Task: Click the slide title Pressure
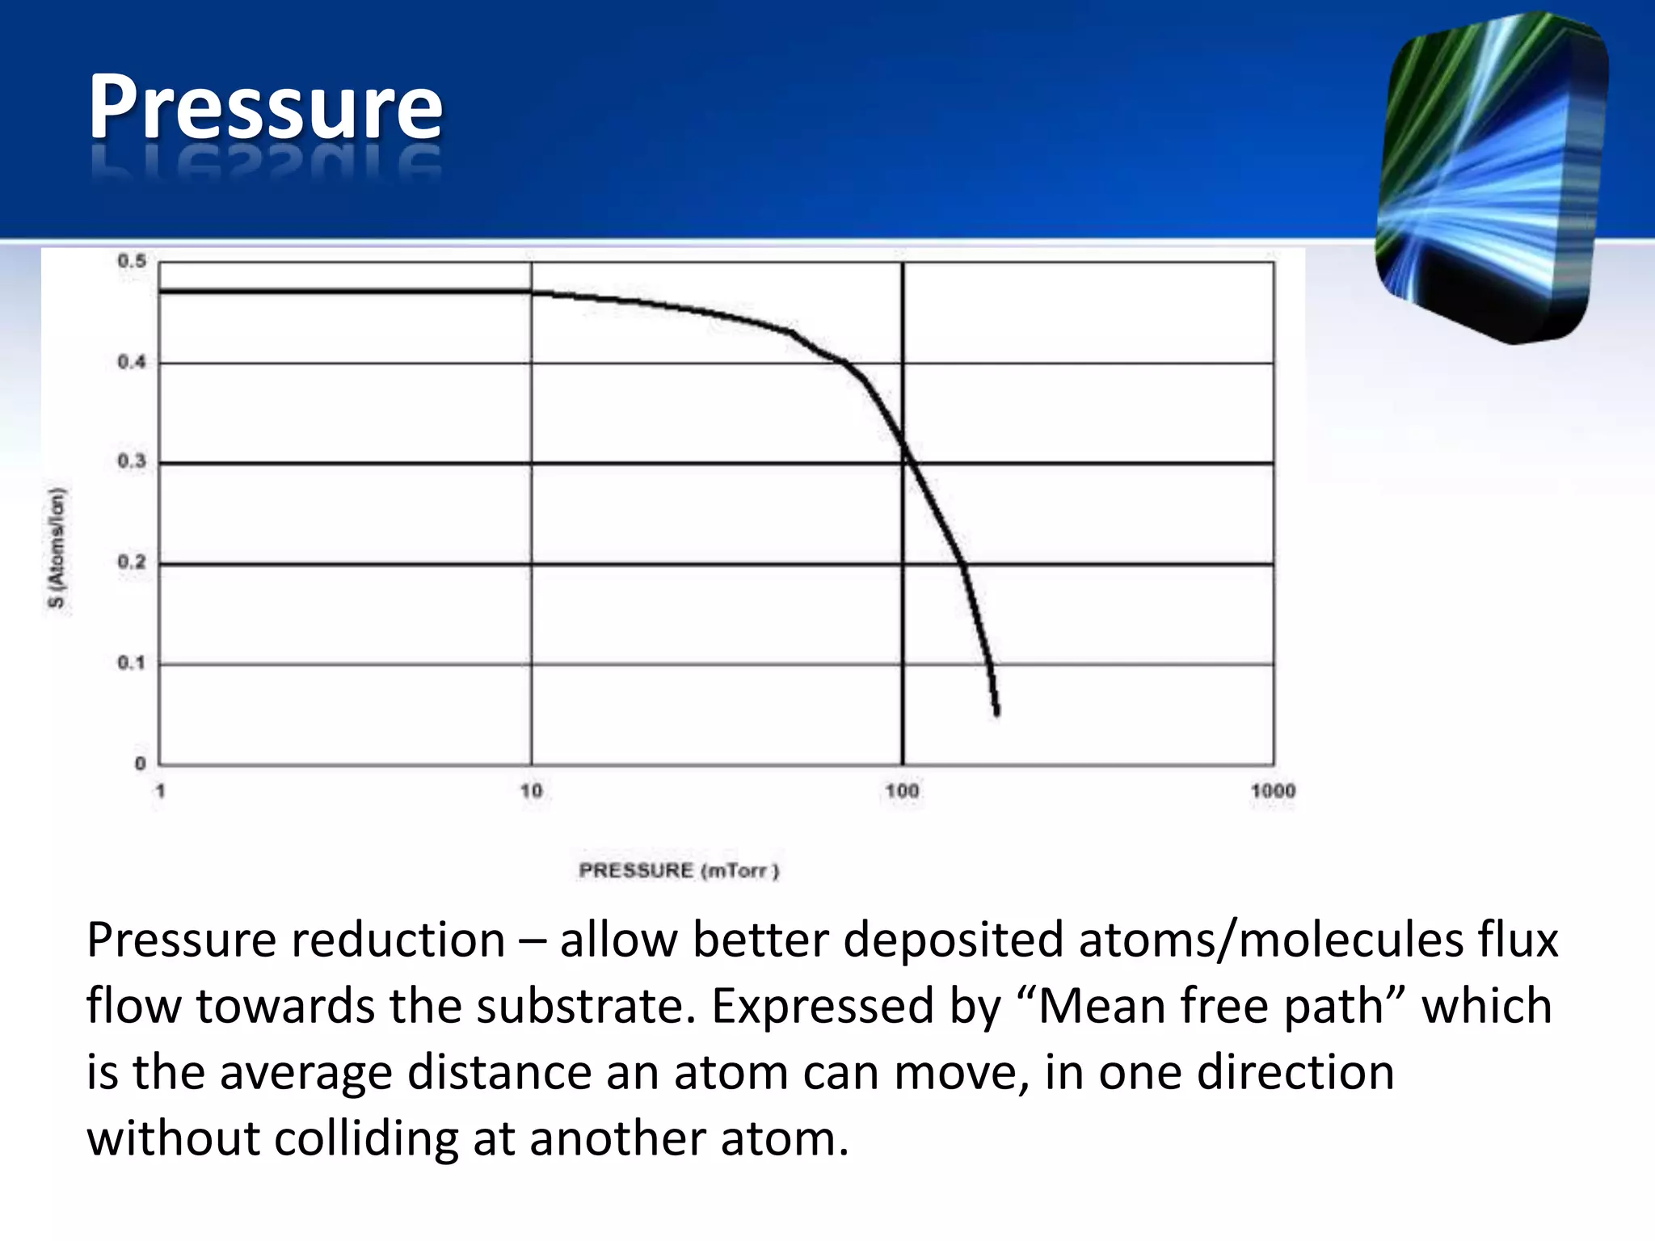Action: (x=265, y=107)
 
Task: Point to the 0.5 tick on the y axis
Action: (x=133, y=261)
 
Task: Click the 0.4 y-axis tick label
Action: (x=133, y=362)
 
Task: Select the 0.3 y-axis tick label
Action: (x=133, y=461)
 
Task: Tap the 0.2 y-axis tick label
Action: (x=133, y=562)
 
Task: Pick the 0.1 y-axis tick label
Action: (x=133, y=663)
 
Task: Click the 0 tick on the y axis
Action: (x=141, y=763)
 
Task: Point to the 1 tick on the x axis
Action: (x=160, y=790)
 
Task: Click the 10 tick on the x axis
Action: (x=531, y=790)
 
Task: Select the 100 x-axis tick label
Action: (x=902, y=790)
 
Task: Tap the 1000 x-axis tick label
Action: (x=1273, y=790)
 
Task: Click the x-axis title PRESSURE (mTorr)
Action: (x=679, y=870)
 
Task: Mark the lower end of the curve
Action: (x=997, y=712)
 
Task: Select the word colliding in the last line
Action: (x=367, y=1138)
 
